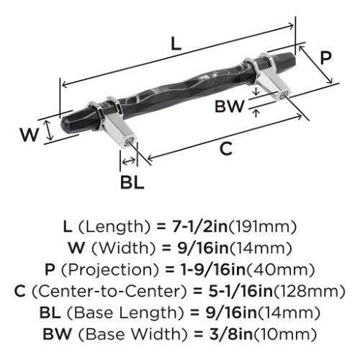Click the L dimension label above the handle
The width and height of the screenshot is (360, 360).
tap(176, 44)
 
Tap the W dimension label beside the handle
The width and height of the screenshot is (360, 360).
tap(29, 135)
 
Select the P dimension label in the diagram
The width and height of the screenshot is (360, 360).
tap(325, 58)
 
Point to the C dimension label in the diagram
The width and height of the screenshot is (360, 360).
tap(226, 149)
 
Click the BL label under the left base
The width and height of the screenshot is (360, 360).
tap(132, 182)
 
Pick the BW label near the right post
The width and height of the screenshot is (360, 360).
tap(230, 107)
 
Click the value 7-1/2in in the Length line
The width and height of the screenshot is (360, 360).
tap(200, 227)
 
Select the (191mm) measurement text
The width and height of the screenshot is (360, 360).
tap(263, 227)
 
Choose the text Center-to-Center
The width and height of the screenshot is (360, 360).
tap(109, 292)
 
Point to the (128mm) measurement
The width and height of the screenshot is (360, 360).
tap(310, 292)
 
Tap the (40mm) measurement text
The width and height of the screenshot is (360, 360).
tap(281, 270)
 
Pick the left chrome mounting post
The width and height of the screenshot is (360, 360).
tap(113, 120)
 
